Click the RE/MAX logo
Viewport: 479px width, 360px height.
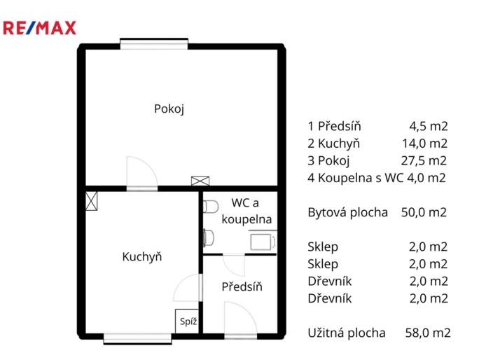(40, 28)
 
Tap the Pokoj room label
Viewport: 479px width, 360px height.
(169, 109)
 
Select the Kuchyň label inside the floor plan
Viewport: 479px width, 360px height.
(142, 256)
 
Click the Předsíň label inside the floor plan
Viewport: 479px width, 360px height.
(242, 286)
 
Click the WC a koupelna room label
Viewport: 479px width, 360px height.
(245, 211)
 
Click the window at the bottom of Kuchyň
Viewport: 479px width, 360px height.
(137, 339)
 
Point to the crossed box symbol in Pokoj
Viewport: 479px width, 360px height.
(200, 181)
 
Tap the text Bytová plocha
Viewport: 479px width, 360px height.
(347, 212)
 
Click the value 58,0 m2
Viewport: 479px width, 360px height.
(427, 333)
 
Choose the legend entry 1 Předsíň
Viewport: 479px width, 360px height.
(335, 127)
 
